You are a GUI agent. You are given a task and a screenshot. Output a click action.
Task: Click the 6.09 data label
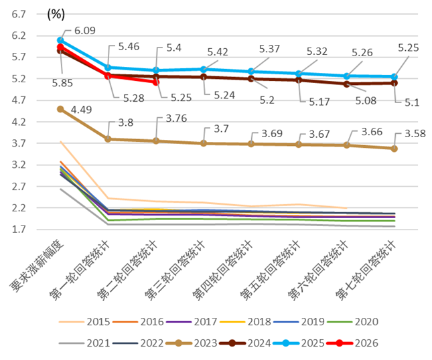[84, 30]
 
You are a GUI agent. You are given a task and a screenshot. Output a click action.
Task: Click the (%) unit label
[56, 14]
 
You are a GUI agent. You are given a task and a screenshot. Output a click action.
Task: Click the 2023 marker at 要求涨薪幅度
[60, 109]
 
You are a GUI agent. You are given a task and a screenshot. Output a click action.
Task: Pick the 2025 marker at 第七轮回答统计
[394, 76]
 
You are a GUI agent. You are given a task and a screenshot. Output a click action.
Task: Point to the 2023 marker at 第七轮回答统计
[394, 149]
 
